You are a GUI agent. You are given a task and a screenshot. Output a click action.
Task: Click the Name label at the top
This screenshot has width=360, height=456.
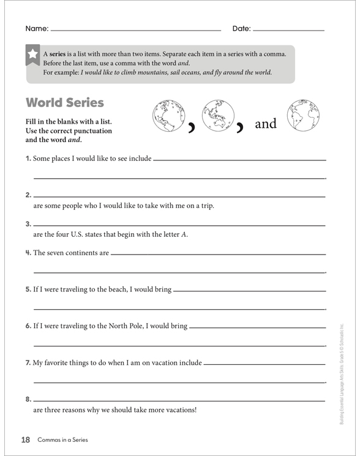pyautogui.click(x=36, y=29)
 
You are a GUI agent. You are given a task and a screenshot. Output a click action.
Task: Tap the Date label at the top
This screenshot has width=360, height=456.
pyautogui.click(x=241, y=29)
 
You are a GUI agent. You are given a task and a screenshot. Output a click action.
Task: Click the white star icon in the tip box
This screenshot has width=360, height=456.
pyautogui.click(x=32, y=54)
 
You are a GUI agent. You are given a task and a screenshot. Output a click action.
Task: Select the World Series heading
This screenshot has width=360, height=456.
pyautogui.click(x=65, y=102)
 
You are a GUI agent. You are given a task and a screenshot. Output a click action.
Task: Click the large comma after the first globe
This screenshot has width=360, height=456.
pyautogui.click(x=192, y=127)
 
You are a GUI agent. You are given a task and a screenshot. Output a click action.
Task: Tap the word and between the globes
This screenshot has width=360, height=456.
pyautogui.click(x=265, y=124)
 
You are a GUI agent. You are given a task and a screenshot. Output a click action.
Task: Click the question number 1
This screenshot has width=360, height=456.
pyautogui.click(x=28, y=159)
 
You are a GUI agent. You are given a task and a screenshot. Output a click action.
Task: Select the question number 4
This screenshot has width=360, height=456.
pyautogui.click(x=28, y=252)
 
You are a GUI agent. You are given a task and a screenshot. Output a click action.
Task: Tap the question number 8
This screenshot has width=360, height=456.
pyautogui.click(x=28, y=399)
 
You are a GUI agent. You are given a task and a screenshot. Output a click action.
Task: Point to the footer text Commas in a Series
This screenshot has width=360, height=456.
pyautogui.click(x=62, y=440)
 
